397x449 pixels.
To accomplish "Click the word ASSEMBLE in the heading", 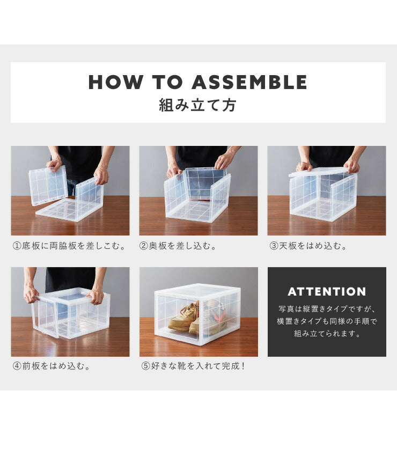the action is (x=249, y=82).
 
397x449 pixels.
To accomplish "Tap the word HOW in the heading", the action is (x=115, y=82).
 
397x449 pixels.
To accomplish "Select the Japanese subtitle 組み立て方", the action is (x=197, y=105).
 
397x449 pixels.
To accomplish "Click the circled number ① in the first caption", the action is (x=17, y=246).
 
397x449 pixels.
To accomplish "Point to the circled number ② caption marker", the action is (x=143, y=246).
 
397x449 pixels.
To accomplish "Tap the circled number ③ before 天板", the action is (x=274, y=246).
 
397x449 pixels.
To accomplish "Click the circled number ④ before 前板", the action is (x=17, y=366).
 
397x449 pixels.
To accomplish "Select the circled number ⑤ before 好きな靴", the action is (x=146, y=366).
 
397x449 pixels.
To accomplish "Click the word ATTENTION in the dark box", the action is (x=327, y=292).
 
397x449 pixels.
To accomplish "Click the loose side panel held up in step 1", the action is (x=48, y=185).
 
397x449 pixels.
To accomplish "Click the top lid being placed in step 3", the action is (x=320, y=171).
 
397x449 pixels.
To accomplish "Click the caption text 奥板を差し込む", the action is (x=182, y=246).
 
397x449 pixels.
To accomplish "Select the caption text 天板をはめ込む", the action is (x=312, y=246).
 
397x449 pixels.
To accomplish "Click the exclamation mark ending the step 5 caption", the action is (x=243, y=366).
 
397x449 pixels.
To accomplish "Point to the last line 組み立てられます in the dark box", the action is (x=327, y=334).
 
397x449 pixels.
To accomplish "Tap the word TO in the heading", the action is (x=167, y=82).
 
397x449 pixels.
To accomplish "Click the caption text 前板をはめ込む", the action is (x=56, y=366).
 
